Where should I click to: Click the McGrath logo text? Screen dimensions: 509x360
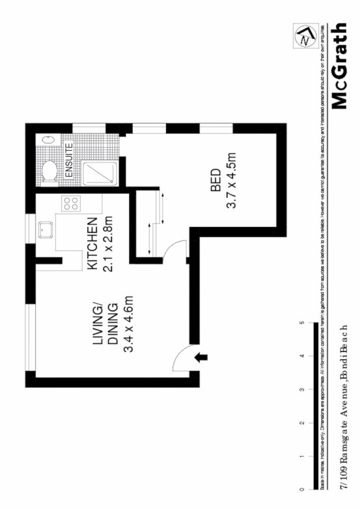340,66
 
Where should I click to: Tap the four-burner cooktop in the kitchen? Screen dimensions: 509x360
70,204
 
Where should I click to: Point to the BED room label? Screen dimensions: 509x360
215,180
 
